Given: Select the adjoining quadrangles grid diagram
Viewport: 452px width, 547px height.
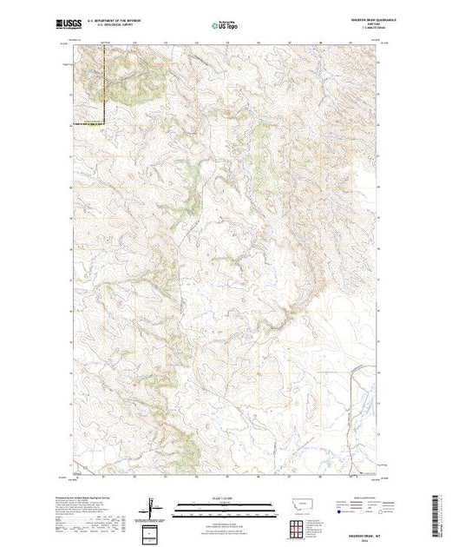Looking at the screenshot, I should click(297, 526).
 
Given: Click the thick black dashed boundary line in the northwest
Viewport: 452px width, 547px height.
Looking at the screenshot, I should click(106, 87).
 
